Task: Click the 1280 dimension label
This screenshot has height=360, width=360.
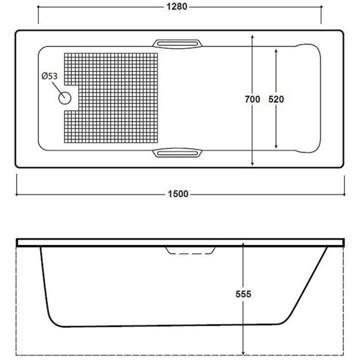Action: click(176, 7)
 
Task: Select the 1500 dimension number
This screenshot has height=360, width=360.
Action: click(178, 194)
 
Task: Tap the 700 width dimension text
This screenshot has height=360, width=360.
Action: click(252, 99)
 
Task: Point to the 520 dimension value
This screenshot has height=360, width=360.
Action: click(276, 99)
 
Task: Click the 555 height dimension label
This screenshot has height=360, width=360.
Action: click(243, 294)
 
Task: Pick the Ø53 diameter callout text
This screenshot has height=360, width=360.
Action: click(49, 76)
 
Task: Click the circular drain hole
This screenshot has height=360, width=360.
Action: click(65, 98)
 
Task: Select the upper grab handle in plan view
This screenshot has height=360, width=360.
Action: click(177, 44)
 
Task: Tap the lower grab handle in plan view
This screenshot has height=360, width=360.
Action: click(177, 153)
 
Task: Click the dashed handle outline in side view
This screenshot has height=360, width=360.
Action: click(190, 251)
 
